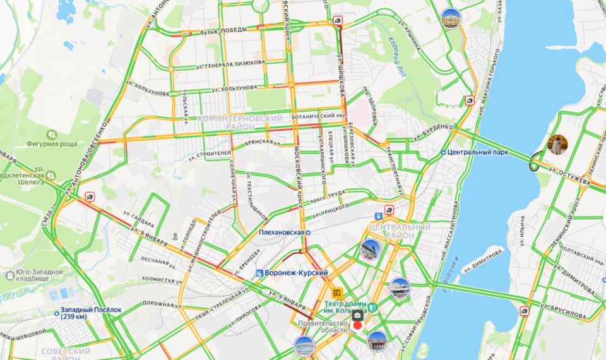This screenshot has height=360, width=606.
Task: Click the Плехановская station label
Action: (x=282, y=232)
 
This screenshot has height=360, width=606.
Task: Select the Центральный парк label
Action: (x=471, y=152)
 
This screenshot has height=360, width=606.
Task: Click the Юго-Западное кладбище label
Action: (x=35, y=276)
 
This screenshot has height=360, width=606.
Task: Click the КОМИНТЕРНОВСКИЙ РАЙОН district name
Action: (x=240, y=123)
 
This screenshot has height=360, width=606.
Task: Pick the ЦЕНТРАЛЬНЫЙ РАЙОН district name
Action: (x=399, y=231)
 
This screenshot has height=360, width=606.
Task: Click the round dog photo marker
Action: (x=557, y=145)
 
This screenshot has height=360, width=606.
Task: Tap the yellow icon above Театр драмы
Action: (x=336, y=293)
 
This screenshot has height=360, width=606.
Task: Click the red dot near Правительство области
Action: (x=358, y=325)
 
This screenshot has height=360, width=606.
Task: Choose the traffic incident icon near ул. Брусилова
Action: (x=524, y=311)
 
